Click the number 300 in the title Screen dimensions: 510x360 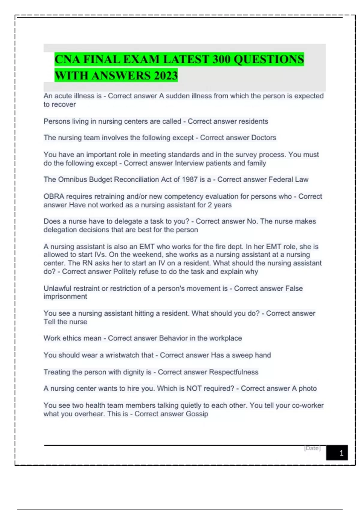[x=221, y=59]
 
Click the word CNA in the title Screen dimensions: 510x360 [x=67, y=59]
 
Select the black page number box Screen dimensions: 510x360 [x=337, y=452]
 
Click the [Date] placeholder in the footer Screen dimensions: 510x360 [x=312, y=448]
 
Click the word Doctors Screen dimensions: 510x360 [x=263, y=138]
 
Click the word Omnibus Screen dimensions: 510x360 [x=72, y=179]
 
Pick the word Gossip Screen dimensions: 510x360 [x=197, y=414]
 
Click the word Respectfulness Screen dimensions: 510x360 [x=233, y=372]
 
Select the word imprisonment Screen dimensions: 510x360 [x=65, y=296]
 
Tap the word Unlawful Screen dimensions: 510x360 [x=57, y=288]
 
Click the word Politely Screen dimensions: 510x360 [x=127, y=271]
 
